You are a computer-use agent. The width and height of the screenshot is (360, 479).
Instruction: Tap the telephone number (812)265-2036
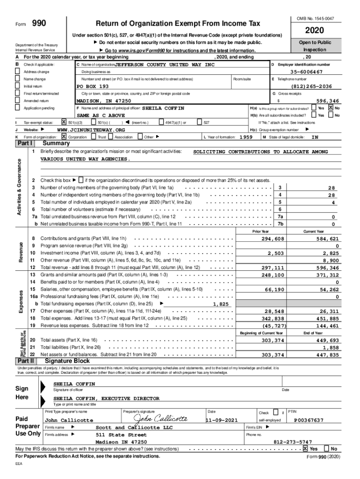tap(310, 87)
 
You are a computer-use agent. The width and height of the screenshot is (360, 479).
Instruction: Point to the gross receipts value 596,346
tap(328, 101)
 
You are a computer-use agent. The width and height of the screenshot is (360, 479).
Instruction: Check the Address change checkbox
tap(18, 72)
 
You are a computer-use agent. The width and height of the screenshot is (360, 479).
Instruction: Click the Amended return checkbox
tap(18, 101)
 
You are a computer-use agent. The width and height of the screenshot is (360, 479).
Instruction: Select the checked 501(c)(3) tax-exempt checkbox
tap(65, 123)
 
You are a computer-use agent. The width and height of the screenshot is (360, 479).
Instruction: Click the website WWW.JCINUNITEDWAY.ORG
tap(91, 130)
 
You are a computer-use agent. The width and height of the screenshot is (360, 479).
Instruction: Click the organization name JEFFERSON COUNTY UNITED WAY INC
tap(165, 65)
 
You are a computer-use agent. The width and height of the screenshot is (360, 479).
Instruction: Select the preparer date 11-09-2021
tap(225, 420)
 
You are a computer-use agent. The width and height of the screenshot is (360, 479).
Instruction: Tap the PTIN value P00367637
tap(309, 420)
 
